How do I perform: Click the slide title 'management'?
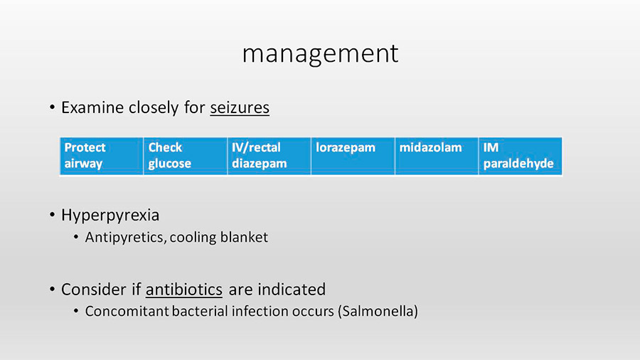[x=320, y=54]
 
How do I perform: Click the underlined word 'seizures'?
[x=240, y=107]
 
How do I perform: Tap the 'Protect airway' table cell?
[x=102, y=156]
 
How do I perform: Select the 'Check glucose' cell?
[x=186, y=156]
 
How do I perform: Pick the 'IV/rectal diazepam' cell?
[x=269, y=156]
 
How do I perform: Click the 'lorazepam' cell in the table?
[x=353, y=156]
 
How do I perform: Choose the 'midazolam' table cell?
[x=437, y=156]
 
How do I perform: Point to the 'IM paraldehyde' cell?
[x=521, y=156]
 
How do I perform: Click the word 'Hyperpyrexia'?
[x=110, y=216]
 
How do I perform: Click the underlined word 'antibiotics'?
[x=184, y=290]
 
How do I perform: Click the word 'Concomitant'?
[x=127, y=311]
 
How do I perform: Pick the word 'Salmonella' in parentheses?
[x=378, y=311]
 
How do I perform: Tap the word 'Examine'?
[x=92, y=107]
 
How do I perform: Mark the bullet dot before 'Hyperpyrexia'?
[x=52, y=215]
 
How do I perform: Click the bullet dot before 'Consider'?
[x=52, y=289]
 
